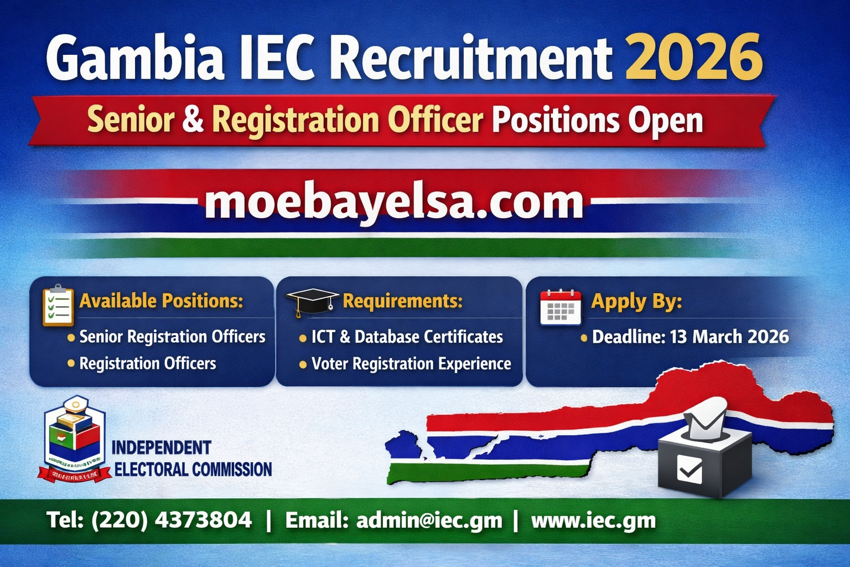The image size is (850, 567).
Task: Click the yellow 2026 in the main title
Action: [x=693, y=57]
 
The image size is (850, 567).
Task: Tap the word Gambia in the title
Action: [x=134, y=57]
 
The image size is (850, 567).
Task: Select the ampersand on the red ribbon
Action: [x=193, y=120]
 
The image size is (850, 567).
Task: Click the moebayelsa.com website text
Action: [x=394, y=202]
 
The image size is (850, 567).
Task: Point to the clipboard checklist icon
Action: [x=58, y=305]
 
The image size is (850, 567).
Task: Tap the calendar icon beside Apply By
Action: [x=560, y=307]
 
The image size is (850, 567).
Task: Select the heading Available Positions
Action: [x=161, y=301]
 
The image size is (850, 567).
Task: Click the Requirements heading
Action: [x=402, y=301]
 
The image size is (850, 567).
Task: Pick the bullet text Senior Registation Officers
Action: [x=172, y=337]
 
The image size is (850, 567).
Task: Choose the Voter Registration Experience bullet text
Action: [x=411, y=364]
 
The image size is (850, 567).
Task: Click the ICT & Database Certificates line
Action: [x=407, y=337]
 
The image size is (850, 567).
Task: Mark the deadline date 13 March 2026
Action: [x=729, y=337]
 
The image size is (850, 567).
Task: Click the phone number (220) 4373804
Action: [x=172, y=520]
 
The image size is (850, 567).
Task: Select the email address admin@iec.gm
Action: [x=429, y=520]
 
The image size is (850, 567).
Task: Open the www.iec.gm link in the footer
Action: [x=593, y=520]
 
